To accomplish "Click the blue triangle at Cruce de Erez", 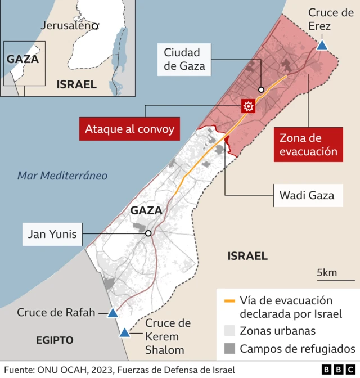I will click(x=322, y=45).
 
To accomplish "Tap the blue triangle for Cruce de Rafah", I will click(x=112, y=313).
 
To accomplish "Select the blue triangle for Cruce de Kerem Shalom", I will click(x=124, y=332).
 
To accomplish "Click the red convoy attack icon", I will click(x=247, y=106).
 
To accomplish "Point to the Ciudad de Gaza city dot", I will click(x=261, y=90).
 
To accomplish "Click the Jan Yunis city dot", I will click(x=148, y=233).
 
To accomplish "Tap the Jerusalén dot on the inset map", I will click(x=96, y=26).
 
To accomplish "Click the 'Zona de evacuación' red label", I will click(x=308, y=145).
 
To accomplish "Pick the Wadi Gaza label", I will click(x=307, y=196).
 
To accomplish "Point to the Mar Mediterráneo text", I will click(x=62, y=175).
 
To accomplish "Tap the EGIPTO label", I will click(x=55, y=340).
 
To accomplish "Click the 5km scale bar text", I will click(x=327, y=272).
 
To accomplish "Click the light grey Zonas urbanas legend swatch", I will click(x=229, y=331).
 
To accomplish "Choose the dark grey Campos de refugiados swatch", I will click(x=229, y=349).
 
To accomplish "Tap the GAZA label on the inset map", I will click(x=22, y=59).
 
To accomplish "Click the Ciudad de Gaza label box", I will click(x=184, y=60).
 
